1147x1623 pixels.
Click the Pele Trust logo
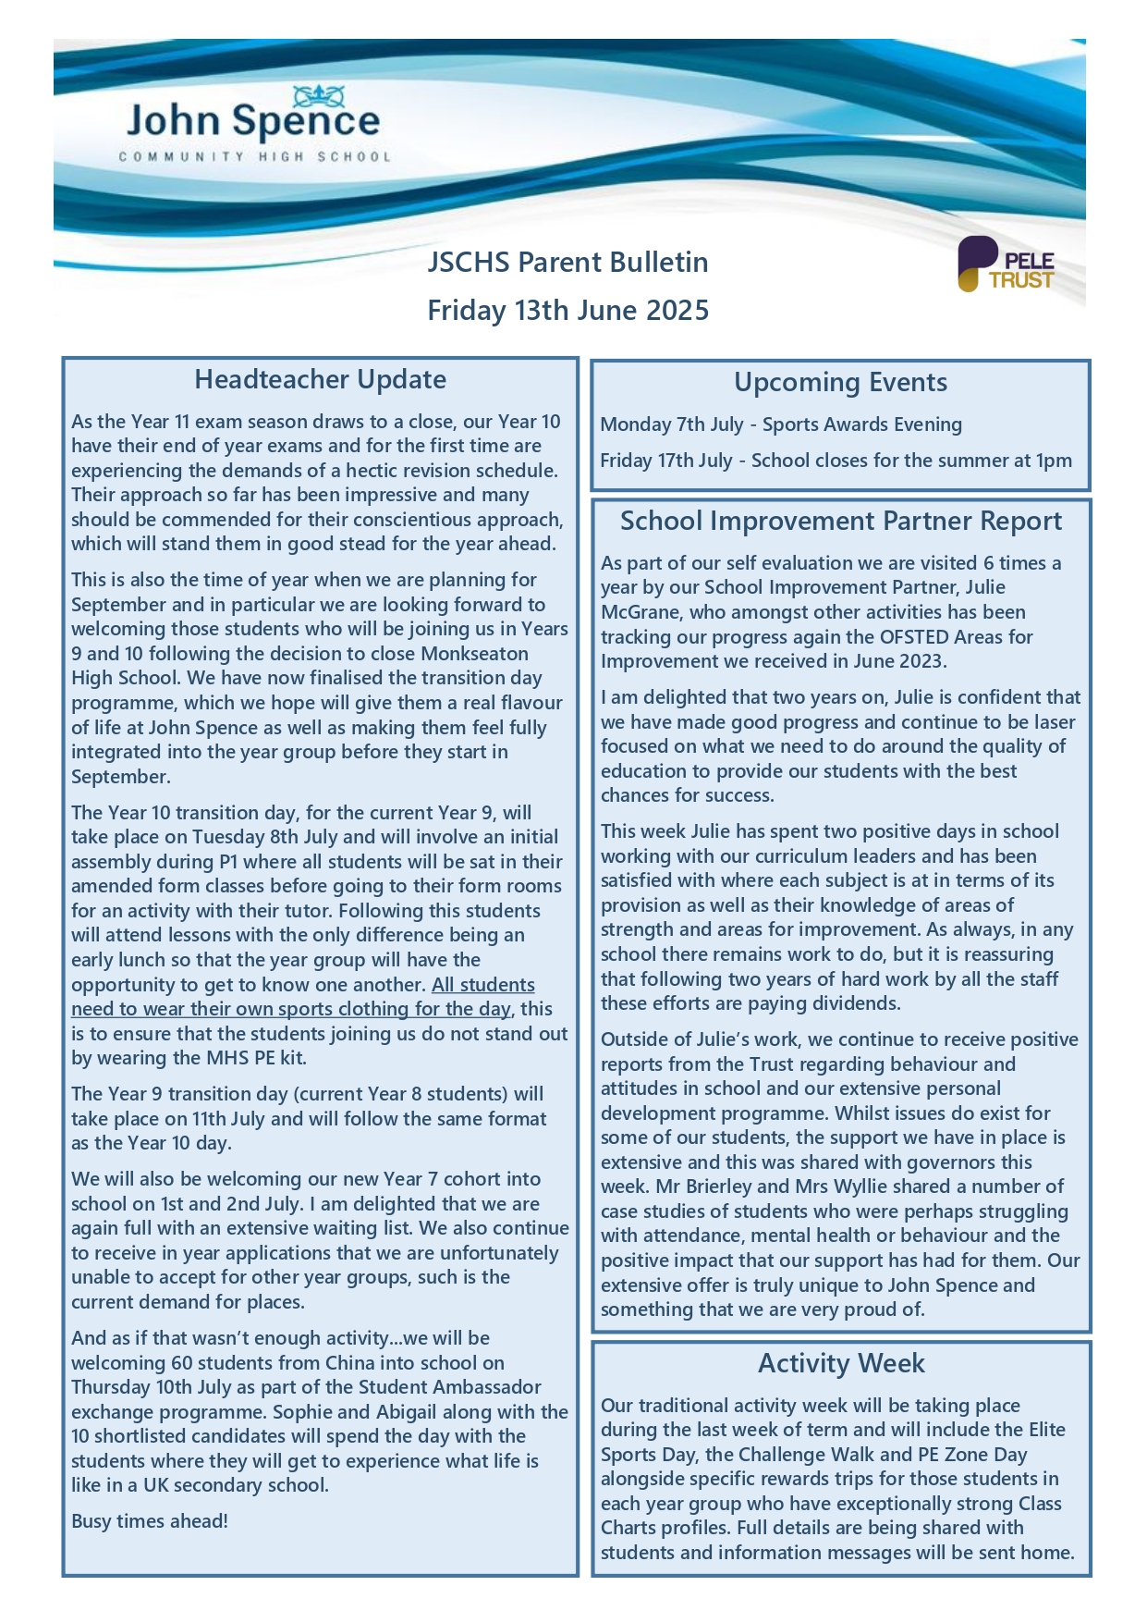point(1006,265)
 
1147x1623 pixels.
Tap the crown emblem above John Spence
point(319,94)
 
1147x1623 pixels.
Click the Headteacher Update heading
point(320,380)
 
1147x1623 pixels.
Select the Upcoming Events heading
point(840,383)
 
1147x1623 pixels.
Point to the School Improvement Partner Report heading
point(840,522)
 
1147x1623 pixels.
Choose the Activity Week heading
point(841,1364)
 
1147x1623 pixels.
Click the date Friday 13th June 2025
point(567,310)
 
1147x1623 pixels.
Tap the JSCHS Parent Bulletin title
point(567,263)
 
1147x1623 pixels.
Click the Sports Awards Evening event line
point(781,424)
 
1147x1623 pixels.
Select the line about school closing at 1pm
point(836,461)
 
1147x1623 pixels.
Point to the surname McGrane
point(641,612)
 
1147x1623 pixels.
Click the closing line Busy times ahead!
point(150,1521)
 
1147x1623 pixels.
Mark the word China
point(350,1363)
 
